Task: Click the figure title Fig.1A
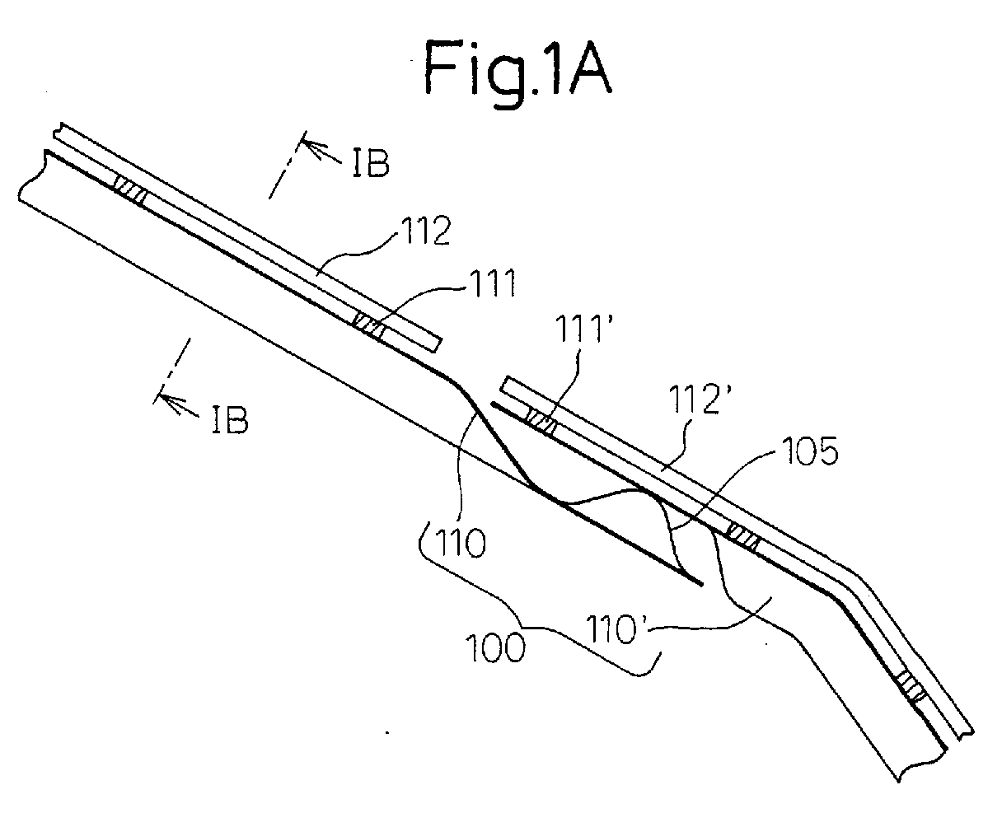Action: click(517, 72)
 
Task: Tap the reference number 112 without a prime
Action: click(427, 231)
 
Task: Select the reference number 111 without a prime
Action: click(491, 283)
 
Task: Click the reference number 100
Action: click(495, 648)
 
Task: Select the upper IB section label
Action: click(371, 163)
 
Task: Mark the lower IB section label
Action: click(230, 418)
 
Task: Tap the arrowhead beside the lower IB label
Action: click(170, 401)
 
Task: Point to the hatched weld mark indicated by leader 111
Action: click(369, 325)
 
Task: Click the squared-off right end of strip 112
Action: click(437, 344)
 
